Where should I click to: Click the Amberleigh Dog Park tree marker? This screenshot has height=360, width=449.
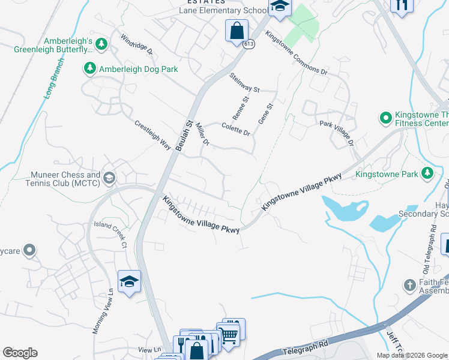(90, 69)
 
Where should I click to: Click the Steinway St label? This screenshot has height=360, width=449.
(244, 82)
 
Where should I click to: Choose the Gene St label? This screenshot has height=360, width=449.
(265, 113)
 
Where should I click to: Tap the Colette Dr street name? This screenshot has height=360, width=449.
(236, 129)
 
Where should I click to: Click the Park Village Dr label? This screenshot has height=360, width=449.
(337, 131)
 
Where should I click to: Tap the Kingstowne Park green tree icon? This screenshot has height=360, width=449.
(427, 174)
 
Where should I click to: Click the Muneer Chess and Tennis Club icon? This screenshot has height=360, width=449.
(109, 178)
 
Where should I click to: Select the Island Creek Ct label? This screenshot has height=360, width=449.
(110, 234)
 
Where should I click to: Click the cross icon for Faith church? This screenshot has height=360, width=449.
(409, 285)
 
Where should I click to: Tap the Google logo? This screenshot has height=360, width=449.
(20, 353)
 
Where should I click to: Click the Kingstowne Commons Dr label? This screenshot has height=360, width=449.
(295, 53)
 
